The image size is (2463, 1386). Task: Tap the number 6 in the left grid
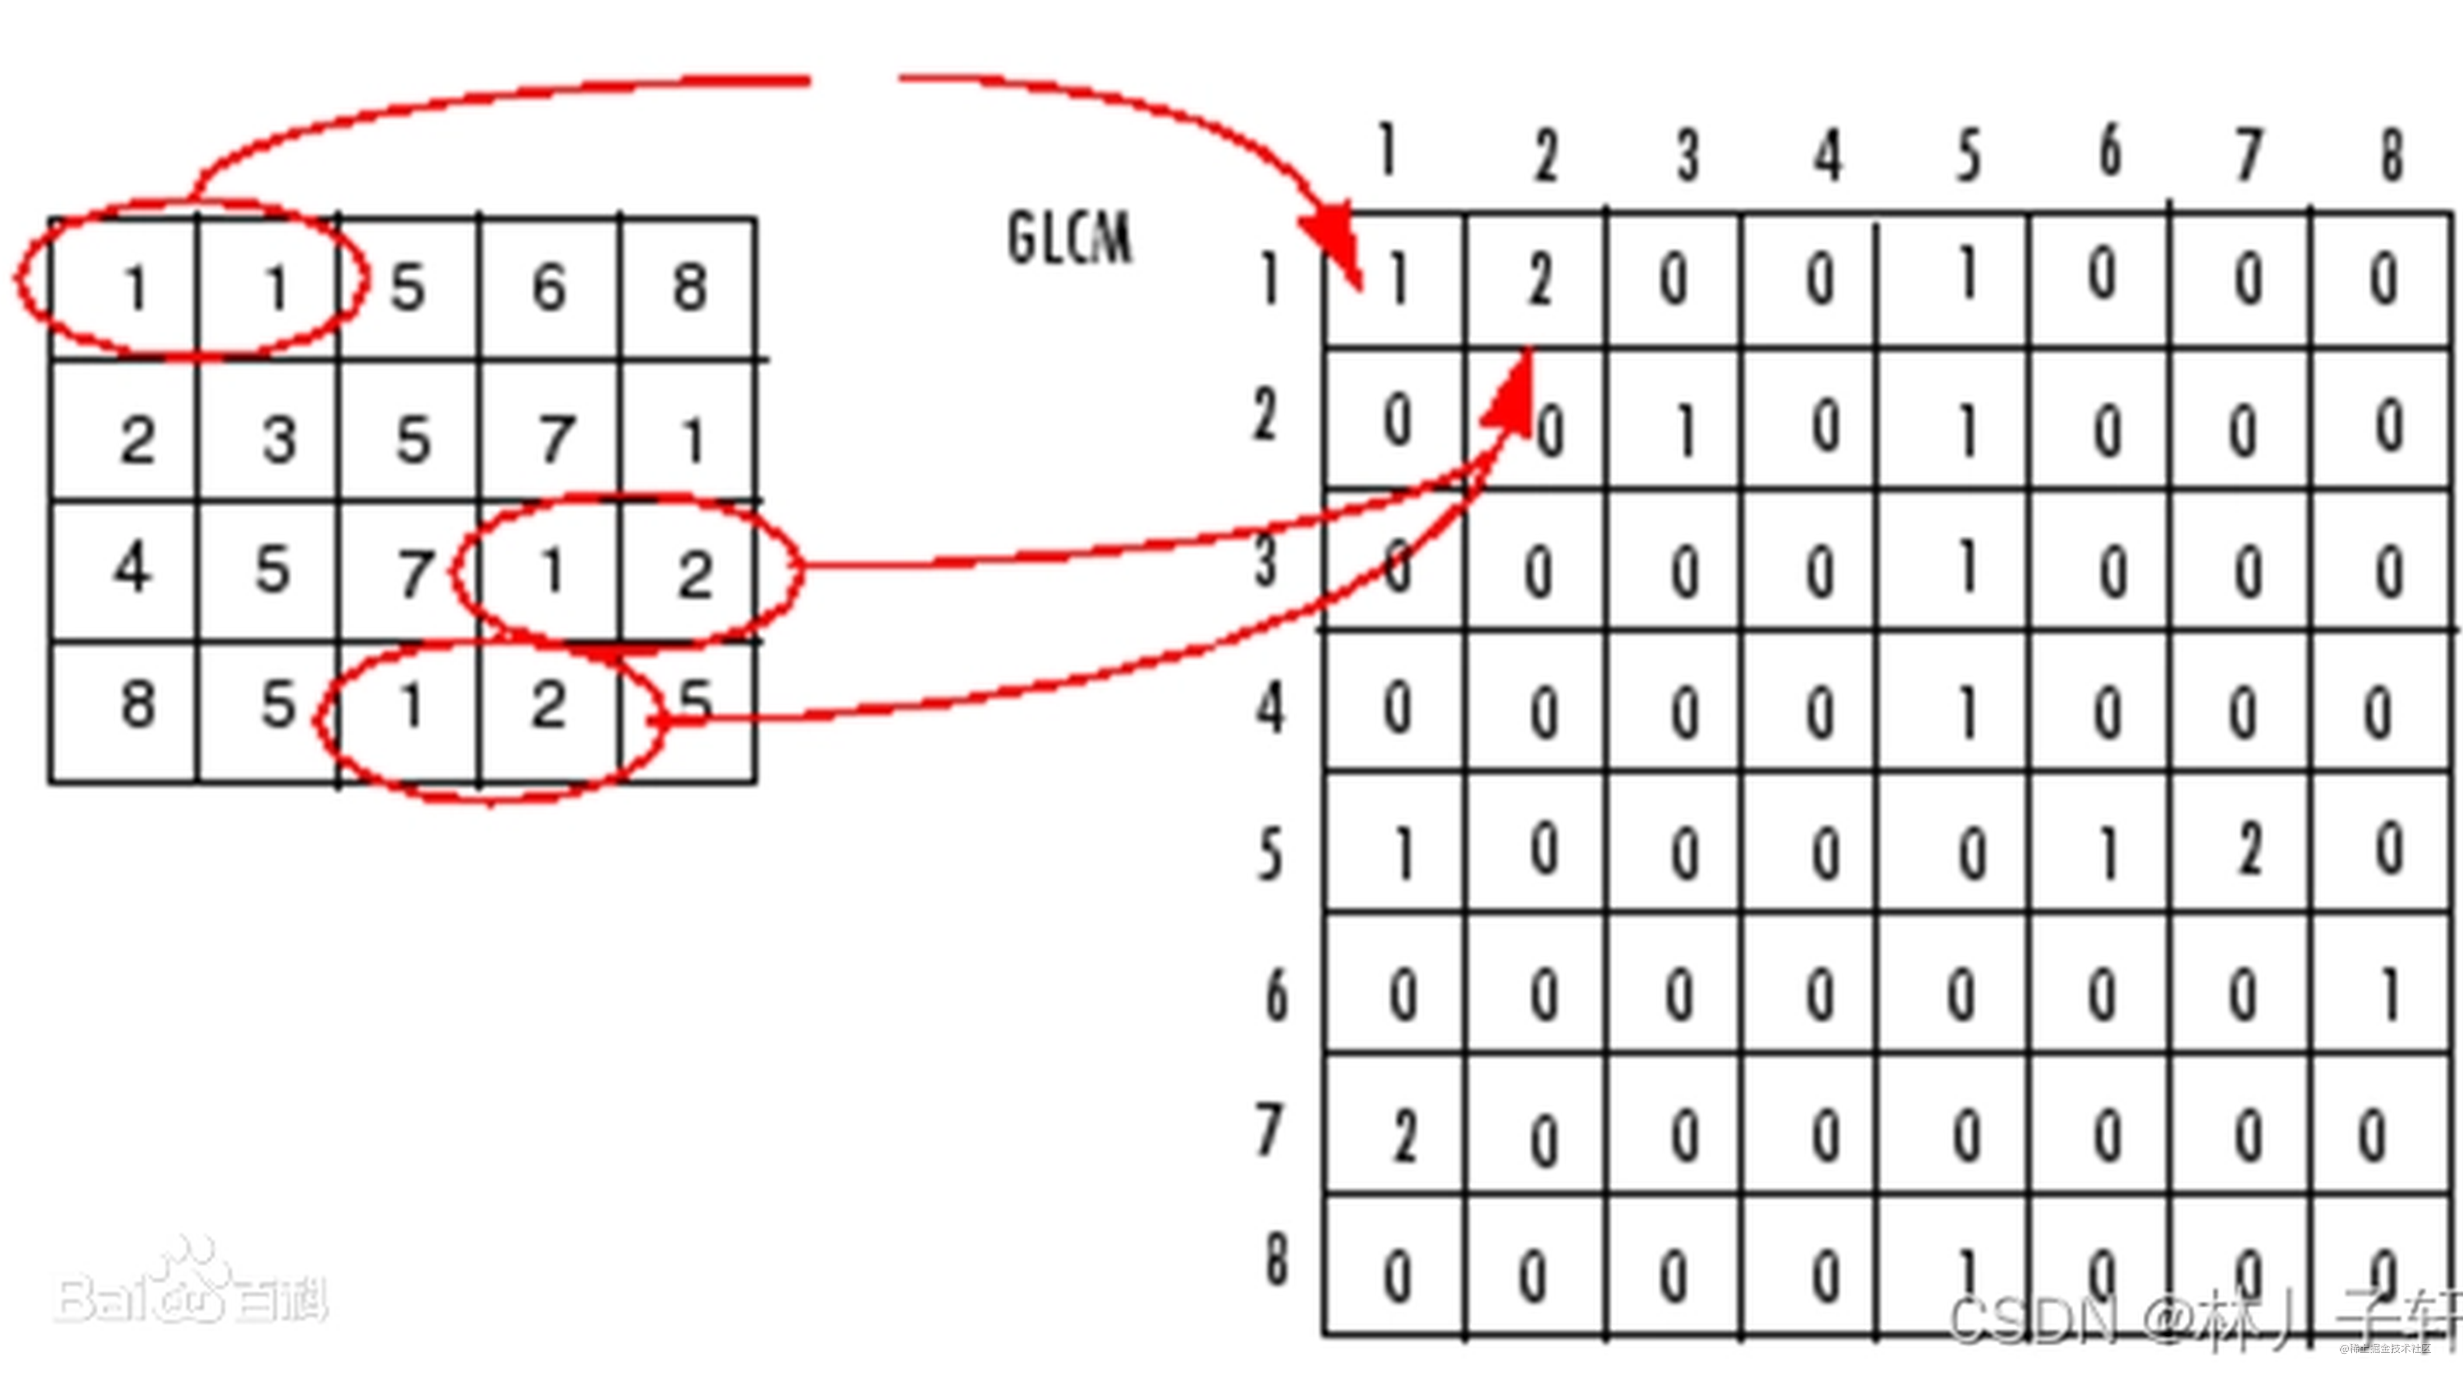pyautogui.click(x=549, y=287)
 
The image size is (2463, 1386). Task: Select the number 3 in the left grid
pyautogui.click(x=279, y=441)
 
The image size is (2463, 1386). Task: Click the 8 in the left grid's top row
pyautogui.click(x=689, y=287)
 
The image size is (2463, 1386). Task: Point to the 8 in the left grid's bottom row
pyautogui.click(x=137, y=705)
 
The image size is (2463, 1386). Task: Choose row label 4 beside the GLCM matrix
pyautogui.click(x=1270, y=709)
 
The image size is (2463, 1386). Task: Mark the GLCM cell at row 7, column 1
pyautogui.click(x=1402, y=1137)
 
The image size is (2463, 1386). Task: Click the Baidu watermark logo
pyautogui.click(x=191, y=1286)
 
